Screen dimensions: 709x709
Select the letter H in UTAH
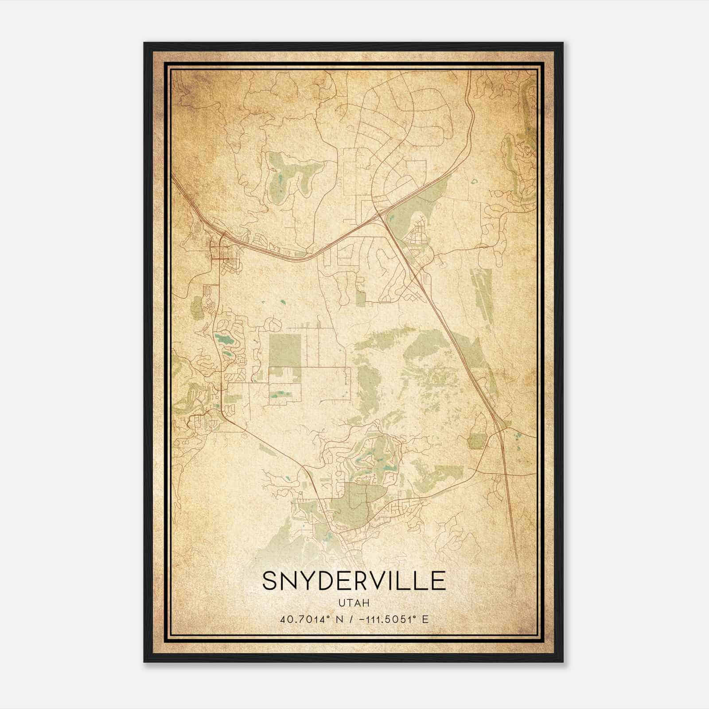[366, 603]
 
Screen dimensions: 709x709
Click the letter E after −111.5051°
[425, 619]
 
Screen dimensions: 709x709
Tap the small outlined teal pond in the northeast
[475, 181]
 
